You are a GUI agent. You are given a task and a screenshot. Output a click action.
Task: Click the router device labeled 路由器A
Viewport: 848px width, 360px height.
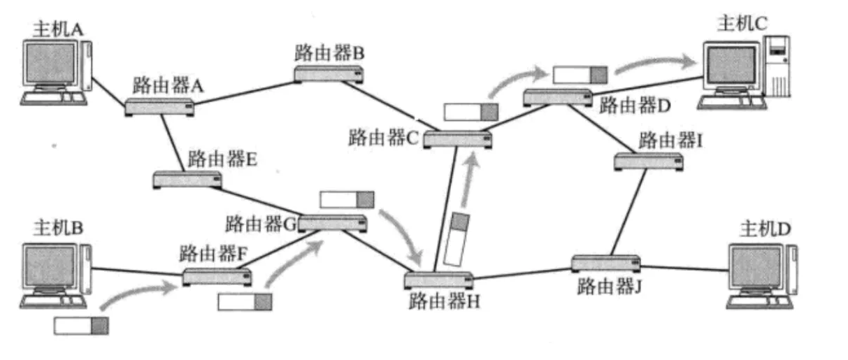(x=160, y=107)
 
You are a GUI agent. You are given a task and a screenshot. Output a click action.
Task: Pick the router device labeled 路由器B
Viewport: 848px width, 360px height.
(x=328, y=73)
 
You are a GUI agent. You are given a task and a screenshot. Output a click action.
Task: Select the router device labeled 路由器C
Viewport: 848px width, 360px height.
(x=457, y=138)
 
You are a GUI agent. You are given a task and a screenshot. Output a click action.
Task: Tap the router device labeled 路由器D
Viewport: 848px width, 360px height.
(x=557, y=97)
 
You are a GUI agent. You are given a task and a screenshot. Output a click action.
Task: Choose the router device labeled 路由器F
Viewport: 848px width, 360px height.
(x=217, y=276)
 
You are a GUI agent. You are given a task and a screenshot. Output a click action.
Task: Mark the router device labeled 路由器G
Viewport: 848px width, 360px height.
(x=332, y=222)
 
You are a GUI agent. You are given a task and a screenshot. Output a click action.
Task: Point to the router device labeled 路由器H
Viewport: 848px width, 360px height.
(x=439, y=280)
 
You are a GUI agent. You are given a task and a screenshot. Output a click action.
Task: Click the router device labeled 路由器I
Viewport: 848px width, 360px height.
(x=649, y=161)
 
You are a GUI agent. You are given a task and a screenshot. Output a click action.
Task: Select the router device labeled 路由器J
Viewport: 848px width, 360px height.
(x=605, y=264)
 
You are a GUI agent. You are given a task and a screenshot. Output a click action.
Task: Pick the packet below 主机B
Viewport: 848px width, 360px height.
(x=81, y=325)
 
